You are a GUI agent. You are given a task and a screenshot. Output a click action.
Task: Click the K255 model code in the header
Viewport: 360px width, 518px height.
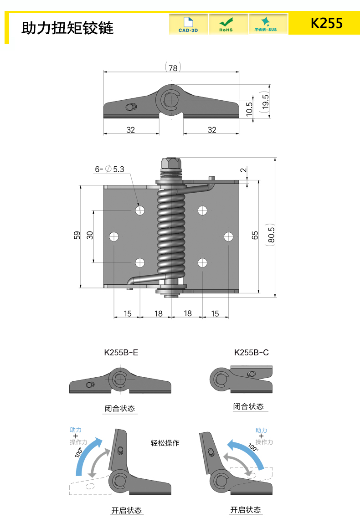point(327,23)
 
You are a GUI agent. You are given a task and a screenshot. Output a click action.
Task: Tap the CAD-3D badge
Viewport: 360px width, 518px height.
point(188,24)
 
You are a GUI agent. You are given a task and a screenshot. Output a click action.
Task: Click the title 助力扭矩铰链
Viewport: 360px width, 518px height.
point(67,28)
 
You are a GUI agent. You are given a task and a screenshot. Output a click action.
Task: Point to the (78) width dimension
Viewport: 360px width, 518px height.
point(173,67)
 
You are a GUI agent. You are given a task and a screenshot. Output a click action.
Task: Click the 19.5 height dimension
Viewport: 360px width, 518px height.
point(265,102)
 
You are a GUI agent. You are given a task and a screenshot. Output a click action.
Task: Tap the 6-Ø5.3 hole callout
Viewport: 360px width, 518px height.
point(109,169)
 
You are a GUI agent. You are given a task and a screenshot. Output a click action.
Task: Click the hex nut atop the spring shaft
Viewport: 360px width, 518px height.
point(171,163)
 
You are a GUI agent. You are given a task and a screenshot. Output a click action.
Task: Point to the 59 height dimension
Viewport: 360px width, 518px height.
point(77,235)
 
